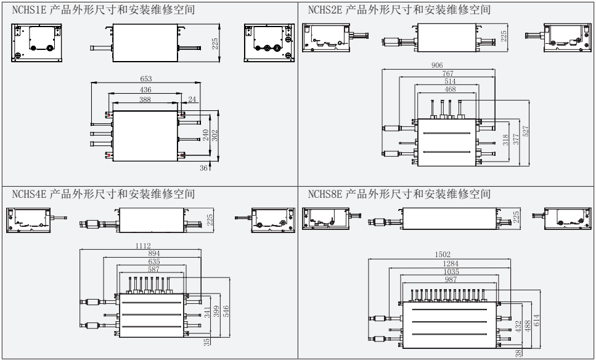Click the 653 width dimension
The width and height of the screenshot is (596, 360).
click(145, 80)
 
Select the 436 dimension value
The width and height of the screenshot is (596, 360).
click(145, 90)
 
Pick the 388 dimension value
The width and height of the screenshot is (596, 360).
click(145, 100)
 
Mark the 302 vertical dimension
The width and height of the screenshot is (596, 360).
click(214, 136)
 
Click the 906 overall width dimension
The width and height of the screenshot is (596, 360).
click(438, 65)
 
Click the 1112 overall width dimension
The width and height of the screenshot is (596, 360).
click(142, 246)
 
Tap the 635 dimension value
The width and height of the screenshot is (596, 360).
click(150, 261)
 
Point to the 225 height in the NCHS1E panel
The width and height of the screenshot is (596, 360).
click(214, 44)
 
